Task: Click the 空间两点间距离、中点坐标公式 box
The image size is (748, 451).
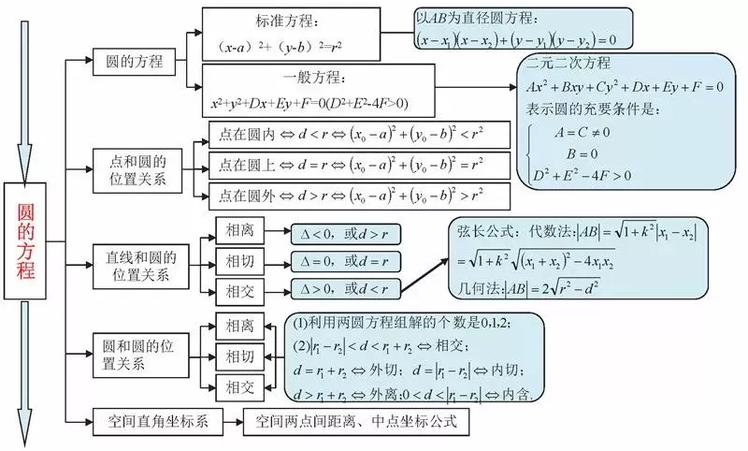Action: (355, 422)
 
